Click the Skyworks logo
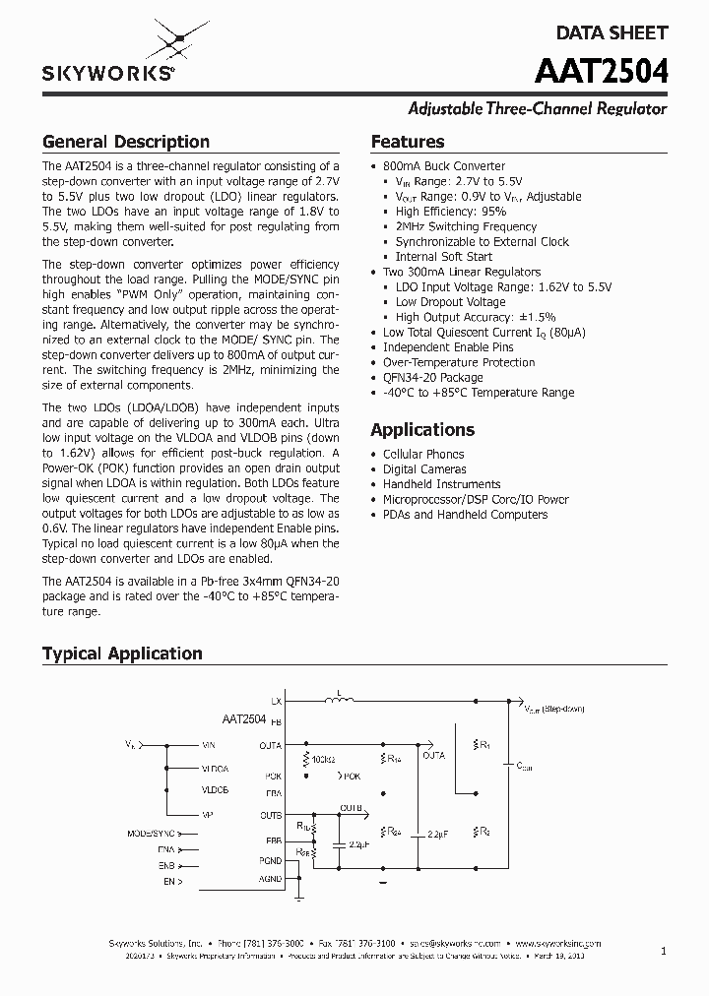[108, 55]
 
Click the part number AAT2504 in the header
[602, 73]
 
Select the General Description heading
[125, 142]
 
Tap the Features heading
[407, 142]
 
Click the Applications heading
[421, 430]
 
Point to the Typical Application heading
[122, 654]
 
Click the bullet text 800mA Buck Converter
[443, 166]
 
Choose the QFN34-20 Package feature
[432, 377]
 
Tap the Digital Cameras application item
[424, 469]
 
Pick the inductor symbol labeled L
[344, 700]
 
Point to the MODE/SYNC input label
[150, 833]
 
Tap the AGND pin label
[270, 878]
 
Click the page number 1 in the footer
[664, 951]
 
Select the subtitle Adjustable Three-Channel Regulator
[538, 109]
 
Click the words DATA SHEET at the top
[612, 32]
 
